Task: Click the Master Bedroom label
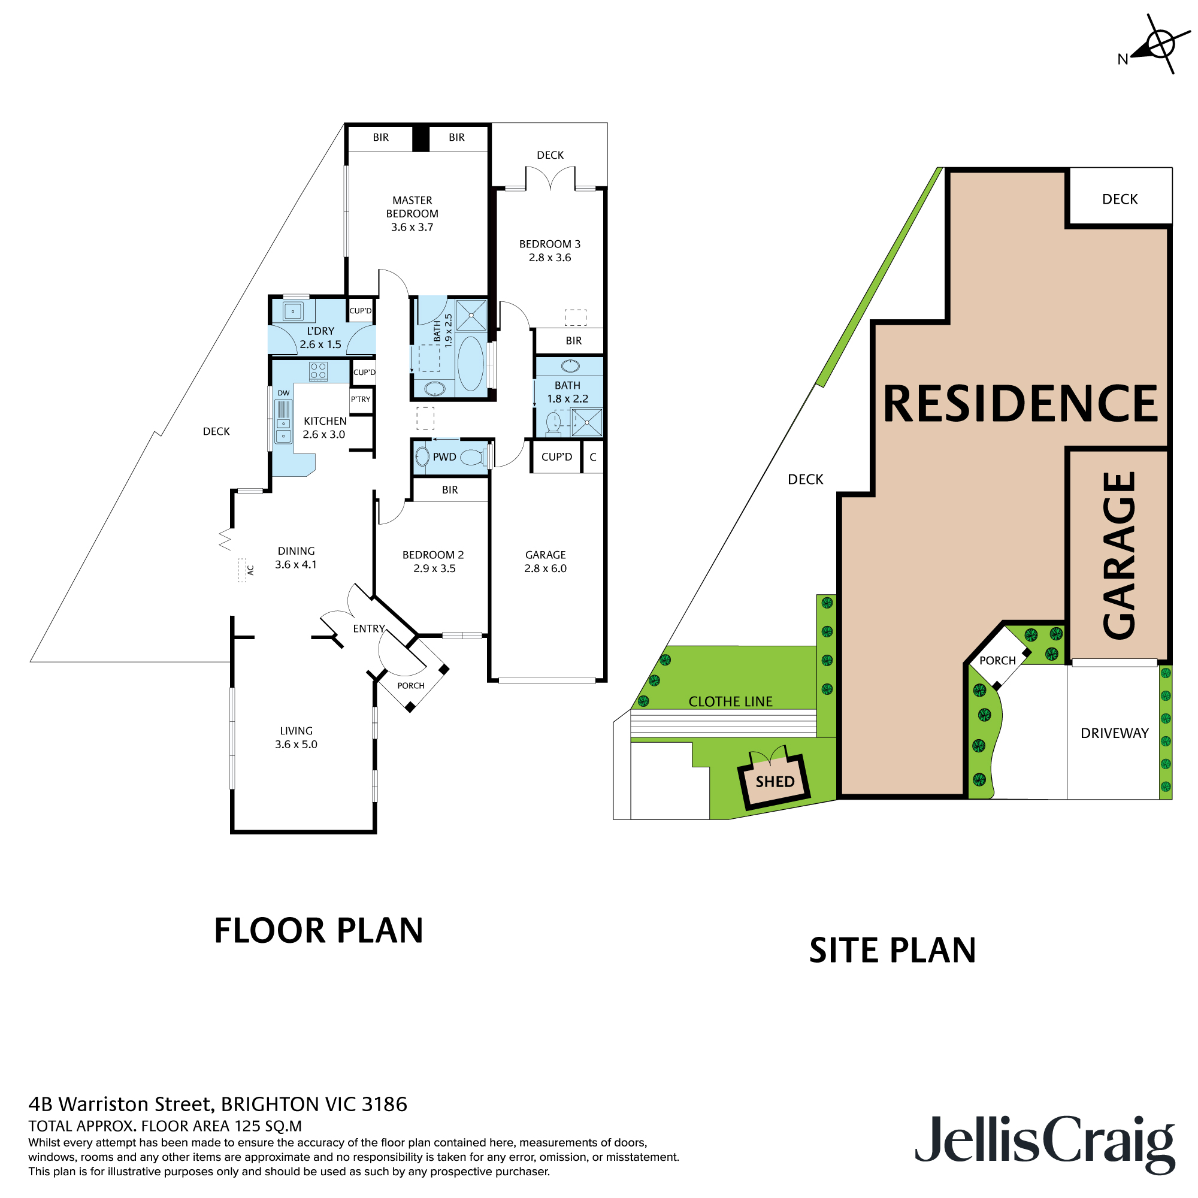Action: [412, 207]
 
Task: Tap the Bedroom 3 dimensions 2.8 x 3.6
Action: [549, 258]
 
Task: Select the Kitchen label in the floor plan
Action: [325, 421]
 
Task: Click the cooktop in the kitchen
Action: [318, 371]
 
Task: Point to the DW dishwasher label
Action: [283, 393]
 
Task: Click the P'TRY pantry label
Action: [360, 400]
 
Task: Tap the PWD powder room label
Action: [444, 457]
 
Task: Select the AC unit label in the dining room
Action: [250, 570]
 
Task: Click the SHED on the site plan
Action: [775, 781]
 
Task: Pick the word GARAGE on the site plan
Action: [1120, 555]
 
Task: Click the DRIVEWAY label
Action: [1114, 733]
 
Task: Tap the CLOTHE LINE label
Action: [730, 701]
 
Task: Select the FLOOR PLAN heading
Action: [318, 931]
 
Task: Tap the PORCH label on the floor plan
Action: [410, 686]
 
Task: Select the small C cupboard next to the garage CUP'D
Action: [593, 457]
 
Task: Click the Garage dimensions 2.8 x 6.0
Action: [545, 568]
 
